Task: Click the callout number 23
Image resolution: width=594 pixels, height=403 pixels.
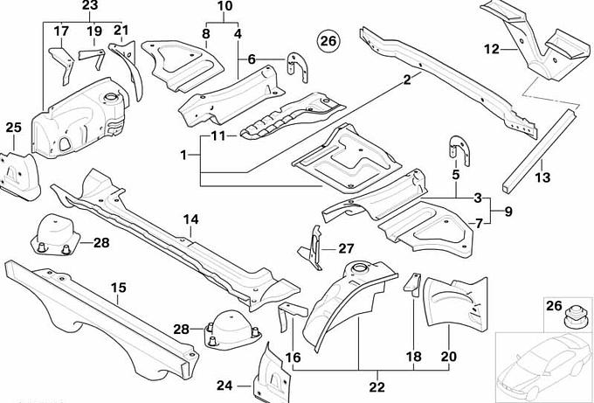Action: click(x=90, y=6)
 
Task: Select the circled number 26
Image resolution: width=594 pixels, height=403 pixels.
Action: click(x=328, y=40)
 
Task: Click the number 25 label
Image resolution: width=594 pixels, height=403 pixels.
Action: click(x=12, y=129)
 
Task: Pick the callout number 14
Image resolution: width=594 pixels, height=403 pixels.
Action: click(x=191, y=219)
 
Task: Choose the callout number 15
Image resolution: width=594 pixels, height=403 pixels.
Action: click(x=119, y=286)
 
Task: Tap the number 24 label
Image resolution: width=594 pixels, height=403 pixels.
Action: click(x=224, y=386)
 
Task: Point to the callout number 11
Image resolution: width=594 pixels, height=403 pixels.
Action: click(x=218, y=135)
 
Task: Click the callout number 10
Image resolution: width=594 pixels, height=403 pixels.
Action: click(x=224, y=6)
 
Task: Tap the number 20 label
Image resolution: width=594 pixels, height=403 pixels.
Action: click(x=449, y=357)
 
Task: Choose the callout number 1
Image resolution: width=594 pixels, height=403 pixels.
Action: click(x=183, y=155)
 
